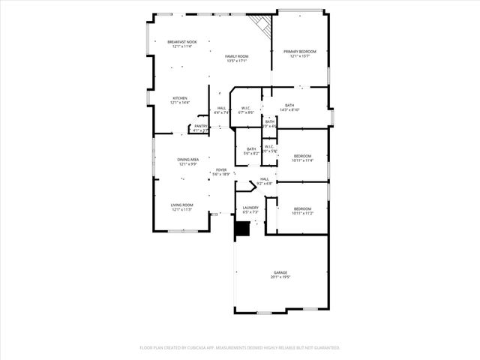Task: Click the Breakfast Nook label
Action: coord(182,42)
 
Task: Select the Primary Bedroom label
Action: coord(299,51)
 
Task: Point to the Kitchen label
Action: coord(180,98)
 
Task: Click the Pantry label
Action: coord(200,126)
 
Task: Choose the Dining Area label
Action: coord(188,159)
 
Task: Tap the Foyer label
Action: coord(221,169)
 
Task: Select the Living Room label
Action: coord(182,205)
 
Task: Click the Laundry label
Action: coord(250,208)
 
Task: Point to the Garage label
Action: coord(280,272)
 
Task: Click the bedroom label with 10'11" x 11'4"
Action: coord(302,155)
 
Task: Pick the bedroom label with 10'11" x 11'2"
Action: coord(302,208)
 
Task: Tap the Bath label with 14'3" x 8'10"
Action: coord(289,106)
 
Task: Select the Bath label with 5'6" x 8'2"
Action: coord(251,148)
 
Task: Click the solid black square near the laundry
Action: coord(241,229)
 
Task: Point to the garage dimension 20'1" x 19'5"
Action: coord(280,277)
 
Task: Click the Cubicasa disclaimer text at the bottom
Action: coord(240,348)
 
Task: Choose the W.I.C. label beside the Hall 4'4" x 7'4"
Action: coord(245,108)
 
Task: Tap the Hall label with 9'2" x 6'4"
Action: coord(264,178)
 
